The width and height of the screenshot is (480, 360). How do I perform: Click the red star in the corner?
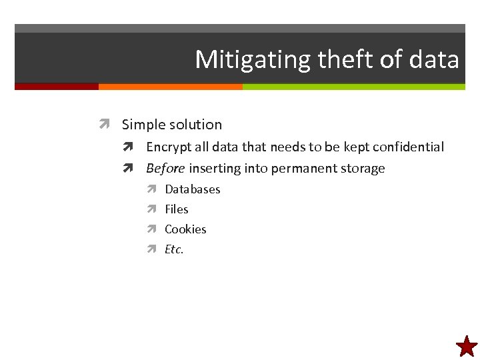click(467, 347)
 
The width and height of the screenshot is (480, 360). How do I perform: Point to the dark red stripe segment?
click(57, 87)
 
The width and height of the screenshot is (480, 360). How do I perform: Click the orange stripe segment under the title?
click(170, 87)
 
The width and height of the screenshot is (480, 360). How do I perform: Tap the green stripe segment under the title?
click(353, 87)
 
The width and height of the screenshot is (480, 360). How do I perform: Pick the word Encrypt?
click(168, 147)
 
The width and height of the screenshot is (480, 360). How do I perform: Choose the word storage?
click(365, 169)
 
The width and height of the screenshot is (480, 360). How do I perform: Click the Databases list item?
click(192, 189)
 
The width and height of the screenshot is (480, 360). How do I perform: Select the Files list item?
click(177, 209)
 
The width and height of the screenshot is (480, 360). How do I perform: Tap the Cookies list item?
click(185, 229)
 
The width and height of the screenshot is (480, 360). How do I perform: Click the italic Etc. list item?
click(174, 249)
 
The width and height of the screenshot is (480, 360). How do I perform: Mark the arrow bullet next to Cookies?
click(151, 229)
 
